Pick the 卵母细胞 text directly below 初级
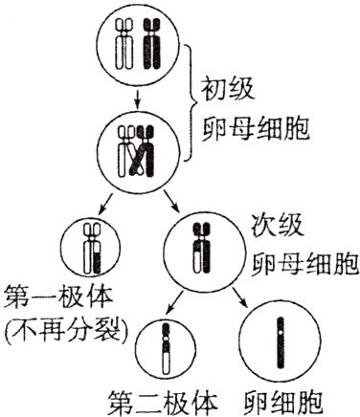[x=257, y=126]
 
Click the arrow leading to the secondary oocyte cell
[x=172, y=203]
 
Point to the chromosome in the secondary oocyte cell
[x=200, y=247]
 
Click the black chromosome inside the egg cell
[x=277, y=349]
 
